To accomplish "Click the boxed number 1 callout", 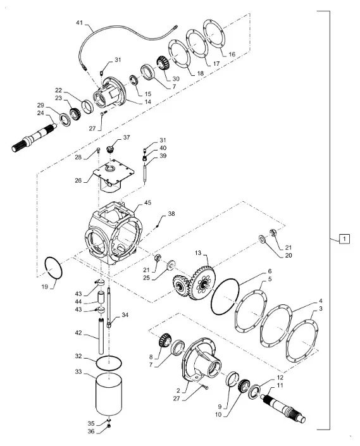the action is tap(344, 238).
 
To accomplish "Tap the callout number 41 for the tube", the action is tap(79, 23).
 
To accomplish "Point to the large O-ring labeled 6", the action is tap(225, 297).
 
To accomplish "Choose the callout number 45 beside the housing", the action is tap(147, 203).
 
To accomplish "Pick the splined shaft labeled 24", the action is tap(34, 137).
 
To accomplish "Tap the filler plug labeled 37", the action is tap(110, 149).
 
